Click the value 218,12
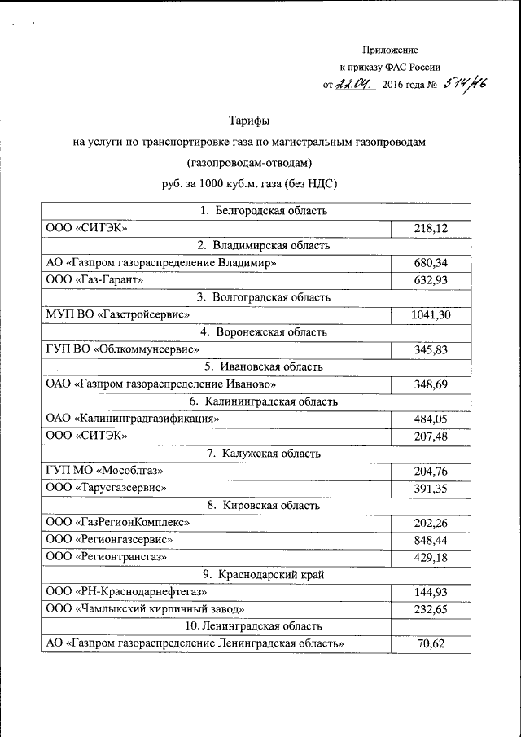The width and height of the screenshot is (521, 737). click(x=431, y=228)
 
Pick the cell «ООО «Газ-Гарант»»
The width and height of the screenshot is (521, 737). click(x=95, y=280)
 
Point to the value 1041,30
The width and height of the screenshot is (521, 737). click(x=431, y=314)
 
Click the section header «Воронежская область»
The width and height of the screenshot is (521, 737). click(x=264, y=332)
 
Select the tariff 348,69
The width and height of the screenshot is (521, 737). click(x=431, y=384)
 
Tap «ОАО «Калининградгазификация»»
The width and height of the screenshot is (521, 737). click(x=134, y=419)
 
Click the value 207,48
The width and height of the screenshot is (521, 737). click(x=431, y=436)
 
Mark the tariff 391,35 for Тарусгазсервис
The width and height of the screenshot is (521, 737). click(x=431, y=488)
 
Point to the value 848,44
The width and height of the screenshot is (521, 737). click(x=431, y=539)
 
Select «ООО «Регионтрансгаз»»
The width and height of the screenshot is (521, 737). click(x=107, y=557)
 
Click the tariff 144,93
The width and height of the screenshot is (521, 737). click(x=431, y=591)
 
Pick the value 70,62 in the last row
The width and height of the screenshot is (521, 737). click(x=431, y=643)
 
